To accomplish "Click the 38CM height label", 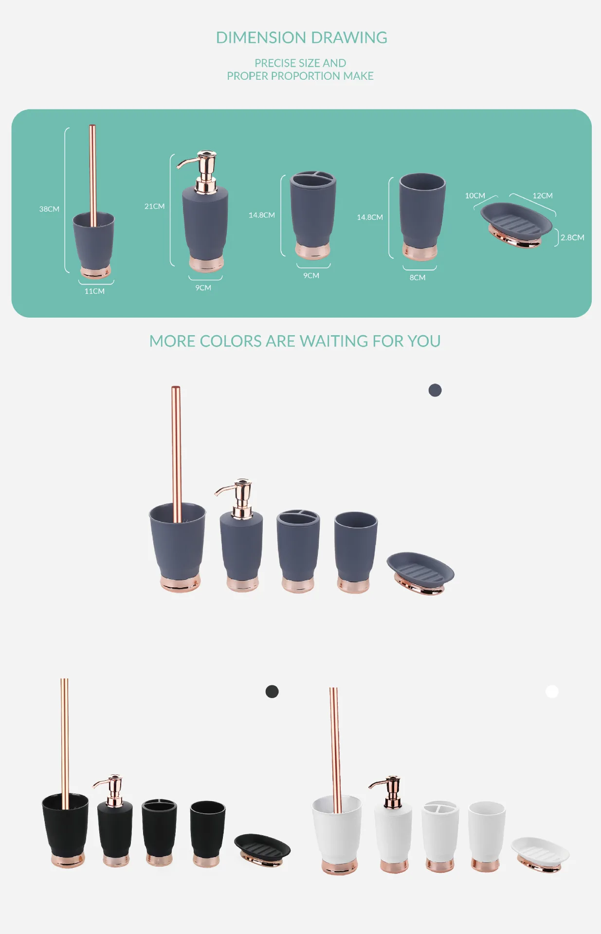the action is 49,209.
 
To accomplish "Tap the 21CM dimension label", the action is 154,206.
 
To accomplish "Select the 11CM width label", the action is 94,291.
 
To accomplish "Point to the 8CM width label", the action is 418,277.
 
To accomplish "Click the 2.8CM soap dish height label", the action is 572,237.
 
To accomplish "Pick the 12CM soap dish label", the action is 543,196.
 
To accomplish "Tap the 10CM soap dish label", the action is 475,196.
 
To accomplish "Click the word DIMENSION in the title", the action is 261,37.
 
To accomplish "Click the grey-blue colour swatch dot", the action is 435,390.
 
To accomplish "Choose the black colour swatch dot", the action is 272,691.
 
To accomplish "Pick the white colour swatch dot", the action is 552,691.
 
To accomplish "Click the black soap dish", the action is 262,850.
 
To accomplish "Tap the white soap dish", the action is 540,854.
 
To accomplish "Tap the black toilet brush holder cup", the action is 66,830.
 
